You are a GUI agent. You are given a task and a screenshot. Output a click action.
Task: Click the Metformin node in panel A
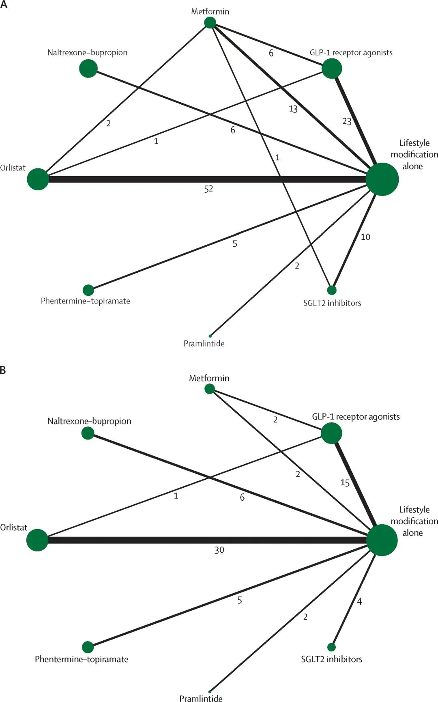click(x=210, y=23)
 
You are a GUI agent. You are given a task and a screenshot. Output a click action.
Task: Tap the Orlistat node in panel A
click(x=38, y=179)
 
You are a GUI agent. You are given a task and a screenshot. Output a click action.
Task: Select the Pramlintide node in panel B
click(x=210, y=691)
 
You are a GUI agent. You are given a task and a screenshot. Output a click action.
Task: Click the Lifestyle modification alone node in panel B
click(x=382, y=540)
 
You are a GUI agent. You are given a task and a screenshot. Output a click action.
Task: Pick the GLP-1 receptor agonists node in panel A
click(x=332, y=69)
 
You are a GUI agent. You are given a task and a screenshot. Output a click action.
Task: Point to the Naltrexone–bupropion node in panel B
click(x=88, y=433)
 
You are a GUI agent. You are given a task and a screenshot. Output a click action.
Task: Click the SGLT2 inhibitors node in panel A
click(x=332, y=290)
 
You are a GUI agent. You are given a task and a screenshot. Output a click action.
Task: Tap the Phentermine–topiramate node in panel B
click(x=88, y=647)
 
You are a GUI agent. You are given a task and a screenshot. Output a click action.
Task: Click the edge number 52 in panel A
click(x=208, y=189)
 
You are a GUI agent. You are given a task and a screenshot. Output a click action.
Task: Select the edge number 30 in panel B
click(x=219, y=550)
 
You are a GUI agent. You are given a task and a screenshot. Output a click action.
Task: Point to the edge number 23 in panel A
click(x=347, y=121)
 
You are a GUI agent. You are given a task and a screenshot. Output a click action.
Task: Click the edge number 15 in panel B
click(x=345, y=483)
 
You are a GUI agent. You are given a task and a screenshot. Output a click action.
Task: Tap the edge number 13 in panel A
click(x=293, y=109)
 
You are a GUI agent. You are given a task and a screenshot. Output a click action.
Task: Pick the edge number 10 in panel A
click(x=365, y=237)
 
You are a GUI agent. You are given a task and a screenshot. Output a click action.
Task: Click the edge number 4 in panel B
click(x=359, y=601)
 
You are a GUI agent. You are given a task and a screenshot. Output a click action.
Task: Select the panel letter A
click(x=4, y=5)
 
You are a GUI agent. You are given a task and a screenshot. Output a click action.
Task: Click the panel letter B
click(x=3, y=370)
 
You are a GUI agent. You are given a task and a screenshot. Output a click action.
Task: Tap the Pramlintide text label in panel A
click(x=204, y=343)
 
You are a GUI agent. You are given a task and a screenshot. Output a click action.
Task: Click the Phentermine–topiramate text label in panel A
click(x=86, y=301)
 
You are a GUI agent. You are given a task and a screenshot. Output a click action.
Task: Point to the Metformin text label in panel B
click(x=209, y=378)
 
